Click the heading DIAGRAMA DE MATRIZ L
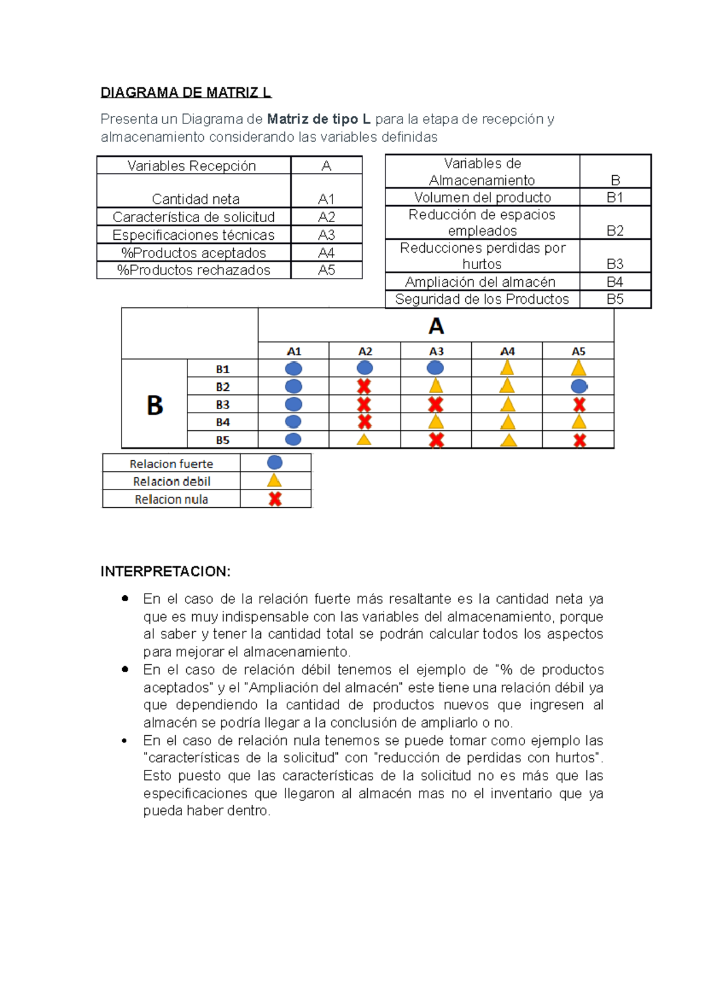pyautogui.click(x=186, y=92)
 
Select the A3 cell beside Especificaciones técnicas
pyautogui.click(x=326, y=235)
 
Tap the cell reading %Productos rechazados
pyautogui.click(x=193, y=270)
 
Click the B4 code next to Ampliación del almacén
pyautogui.click(x=615, y=282)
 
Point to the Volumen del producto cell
pyautogui.click(x=482, y=197)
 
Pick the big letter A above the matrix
pyautogui.click(x=436, y=326)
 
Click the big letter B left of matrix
pyautogui.click(x=155, y=405)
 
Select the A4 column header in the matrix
pyautogui.click(x=507, y=351)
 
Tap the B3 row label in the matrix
pyautogui.click(x=222, y=405)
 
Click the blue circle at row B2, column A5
pyautogui.click(x=579, y=387)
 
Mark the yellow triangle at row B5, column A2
pyautogui.click(x=364, y=439)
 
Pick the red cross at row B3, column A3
pyautogui.click(x=435, y=404)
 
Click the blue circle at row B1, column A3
pyautogui.click(x=435, y=369)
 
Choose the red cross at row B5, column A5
pyautogui.click(x=579, y=440)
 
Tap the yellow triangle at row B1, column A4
pyautogui.click(x=507, y=369)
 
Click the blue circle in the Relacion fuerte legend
pyautogui.click(x=274, y=463)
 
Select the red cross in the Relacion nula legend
pyautogui.click(x=275, y=499)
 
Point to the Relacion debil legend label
pyautogui.click(x=172, y=481)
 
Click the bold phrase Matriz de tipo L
pyautogui.click(x=318, y=119)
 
